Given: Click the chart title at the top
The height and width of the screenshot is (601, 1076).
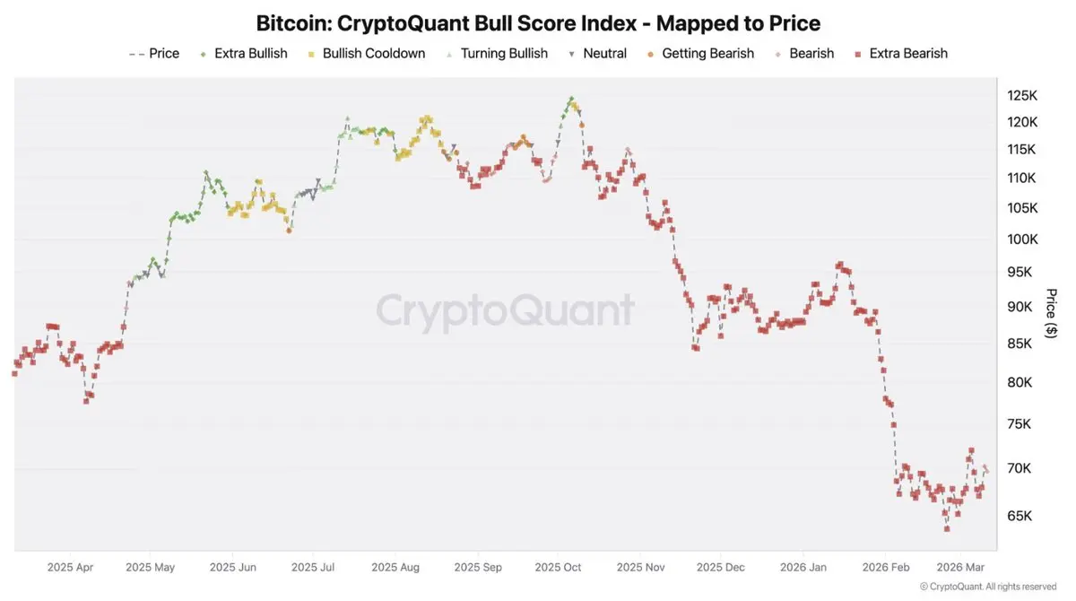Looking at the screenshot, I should coord(538,22).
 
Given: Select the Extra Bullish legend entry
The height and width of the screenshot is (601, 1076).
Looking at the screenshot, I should coord(250,54).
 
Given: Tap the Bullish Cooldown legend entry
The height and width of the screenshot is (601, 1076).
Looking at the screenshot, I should coord(373,54).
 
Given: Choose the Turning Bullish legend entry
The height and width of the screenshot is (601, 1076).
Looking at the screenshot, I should coord(503,54).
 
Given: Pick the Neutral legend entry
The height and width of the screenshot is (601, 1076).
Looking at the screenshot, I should coord(604,54).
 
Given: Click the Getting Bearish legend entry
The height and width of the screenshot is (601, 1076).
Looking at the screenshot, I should coord(707,54).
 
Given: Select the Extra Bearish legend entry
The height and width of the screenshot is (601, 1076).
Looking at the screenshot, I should coord(907,54).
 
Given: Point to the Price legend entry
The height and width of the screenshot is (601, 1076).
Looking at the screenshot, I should coord(163,54).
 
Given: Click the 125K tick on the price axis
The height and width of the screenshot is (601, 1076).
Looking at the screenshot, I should coord(1021,95).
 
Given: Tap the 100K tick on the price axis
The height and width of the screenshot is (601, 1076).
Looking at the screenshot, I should coord(1021,240).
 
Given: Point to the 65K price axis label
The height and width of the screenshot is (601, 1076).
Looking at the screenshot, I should coord(1020,516).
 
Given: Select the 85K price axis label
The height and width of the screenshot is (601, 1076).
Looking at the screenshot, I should coord(1020,344).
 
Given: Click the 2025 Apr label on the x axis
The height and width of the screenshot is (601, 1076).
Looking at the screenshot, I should coord(70,567).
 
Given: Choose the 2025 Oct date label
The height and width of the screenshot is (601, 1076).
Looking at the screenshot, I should coord(559,567).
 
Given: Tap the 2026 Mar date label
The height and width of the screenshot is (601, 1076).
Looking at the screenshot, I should coord(960,567).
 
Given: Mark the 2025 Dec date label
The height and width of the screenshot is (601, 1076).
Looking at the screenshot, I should coord(720,567).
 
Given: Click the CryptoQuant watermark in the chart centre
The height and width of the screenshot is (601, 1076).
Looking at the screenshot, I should coord(505,311).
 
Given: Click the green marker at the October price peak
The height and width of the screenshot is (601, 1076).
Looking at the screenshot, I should coord(571,99).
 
